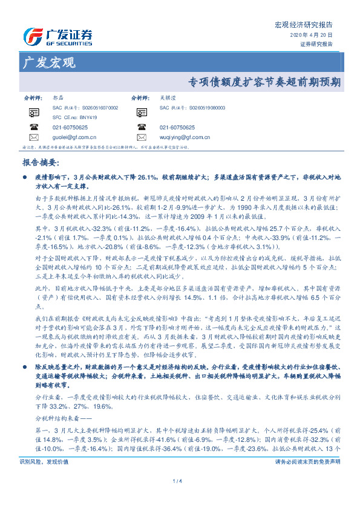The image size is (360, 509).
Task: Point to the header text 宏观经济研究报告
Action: pyautogui.click(x=304, y=25)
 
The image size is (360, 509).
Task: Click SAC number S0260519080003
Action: pyautogui.click(x=192, y=107)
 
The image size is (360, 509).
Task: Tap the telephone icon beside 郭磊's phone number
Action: pyautogui.click(x=33, y=127)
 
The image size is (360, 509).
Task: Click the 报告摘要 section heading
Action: pyautogui.click(x=41, y=162)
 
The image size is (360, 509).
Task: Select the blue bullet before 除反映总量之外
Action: pyautogui.click(x=24, y=332)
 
